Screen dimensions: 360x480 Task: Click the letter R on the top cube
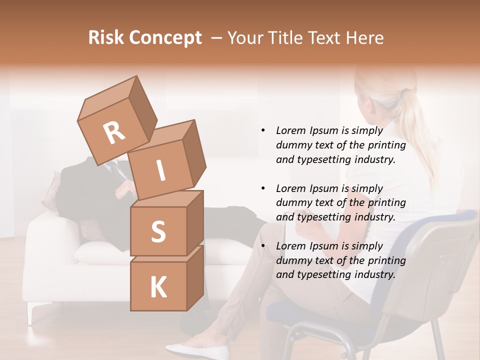114,133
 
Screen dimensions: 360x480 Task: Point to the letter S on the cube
158,232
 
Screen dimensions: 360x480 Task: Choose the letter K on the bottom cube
158,287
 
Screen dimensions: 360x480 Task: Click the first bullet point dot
263,130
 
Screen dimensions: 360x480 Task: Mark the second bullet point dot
263,188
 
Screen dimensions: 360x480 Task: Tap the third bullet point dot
263,246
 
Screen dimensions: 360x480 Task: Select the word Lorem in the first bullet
290,130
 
